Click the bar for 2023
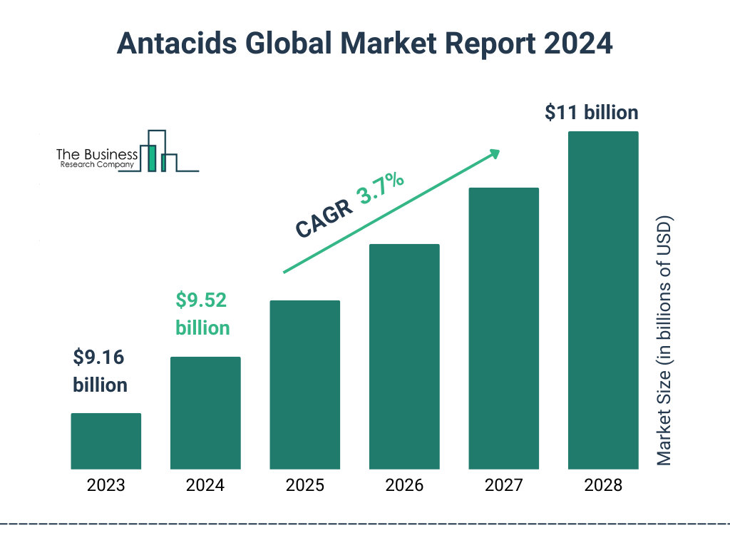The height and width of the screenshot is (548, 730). point(106,441)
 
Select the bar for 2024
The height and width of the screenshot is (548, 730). point(205,413)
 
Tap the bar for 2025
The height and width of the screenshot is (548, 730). point(304,385)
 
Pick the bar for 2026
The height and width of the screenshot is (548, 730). point(404,357)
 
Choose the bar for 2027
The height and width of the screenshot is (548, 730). point(503,328)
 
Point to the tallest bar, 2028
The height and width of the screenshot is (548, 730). point(603,300)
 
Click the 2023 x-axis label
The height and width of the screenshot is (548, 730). point(106,486)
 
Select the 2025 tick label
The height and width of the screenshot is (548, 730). point(304,486)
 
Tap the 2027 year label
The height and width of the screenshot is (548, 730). point(503,486)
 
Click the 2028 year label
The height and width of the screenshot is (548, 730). point(603,486)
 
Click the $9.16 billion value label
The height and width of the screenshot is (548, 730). point(101,371)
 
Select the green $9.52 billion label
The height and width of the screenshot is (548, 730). point(202,314)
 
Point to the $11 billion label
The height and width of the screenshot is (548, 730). point(591,113)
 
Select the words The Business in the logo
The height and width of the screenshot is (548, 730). point(97,154)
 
